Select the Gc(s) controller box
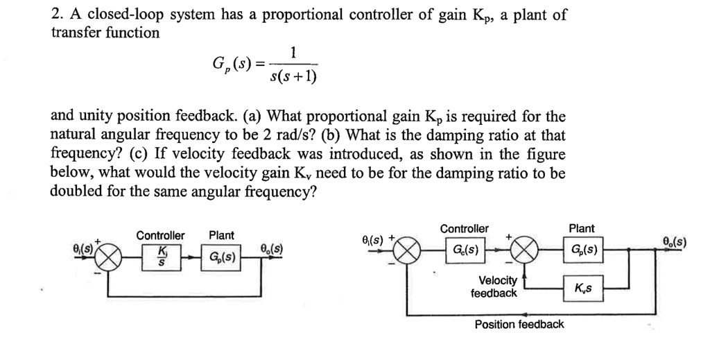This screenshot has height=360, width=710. (x=465, y=249)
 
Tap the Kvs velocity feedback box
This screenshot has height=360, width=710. (x=582, y=287)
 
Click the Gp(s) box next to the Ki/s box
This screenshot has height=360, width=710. (x=222, y=258)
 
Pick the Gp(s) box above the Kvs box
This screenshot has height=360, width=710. (x=582, y=249)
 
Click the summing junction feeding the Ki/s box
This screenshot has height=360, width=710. (x=109, y=257)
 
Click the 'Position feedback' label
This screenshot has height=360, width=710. (x=519, y=325)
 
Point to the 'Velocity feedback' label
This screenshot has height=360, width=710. (x=494, y=286)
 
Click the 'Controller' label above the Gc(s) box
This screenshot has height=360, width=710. (x=465, y=229)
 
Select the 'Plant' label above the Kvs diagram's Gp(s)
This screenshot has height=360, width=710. (x=581, y=229)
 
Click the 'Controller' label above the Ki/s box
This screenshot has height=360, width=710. (x=160, y=236)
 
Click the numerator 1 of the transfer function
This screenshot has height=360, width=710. (x=293, y=52)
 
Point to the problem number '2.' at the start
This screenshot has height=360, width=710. (x=57, y=15)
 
